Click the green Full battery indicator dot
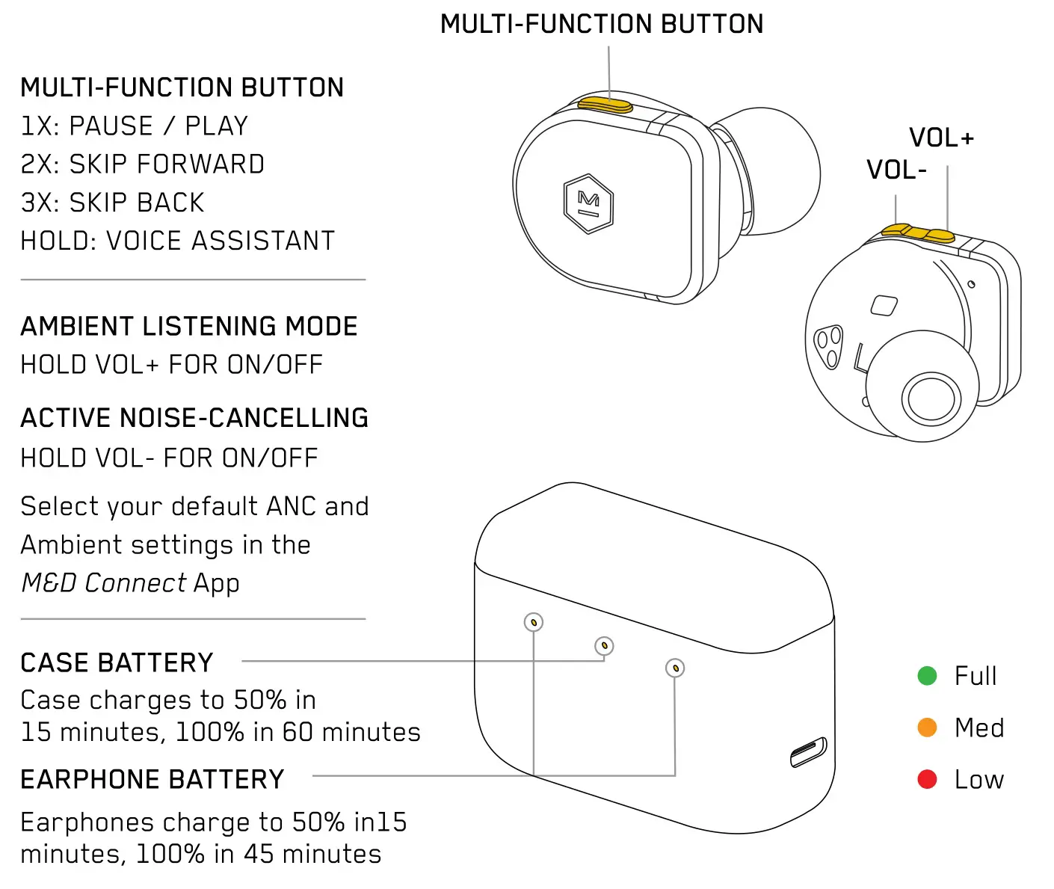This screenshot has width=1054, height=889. point(927,676)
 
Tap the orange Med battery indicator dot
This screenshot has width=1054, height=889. point(927,727)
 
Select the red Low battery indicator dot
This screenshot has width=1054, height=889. point(927,779)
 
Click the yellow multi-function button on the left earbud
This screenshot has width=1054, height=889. point(605,105)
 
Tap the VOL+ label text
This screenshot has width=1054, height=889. point(941,138)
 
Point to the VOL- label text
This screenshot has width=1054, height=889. point(896,170)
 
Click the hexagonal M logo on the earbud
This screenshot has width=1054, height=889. point(588,203)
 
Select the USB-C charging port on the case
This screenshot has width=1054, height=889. point(809,752)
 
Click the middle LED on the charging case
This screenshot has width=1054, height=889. point(604,645)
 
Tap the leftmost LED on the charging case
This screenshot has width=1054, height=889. point(533,622)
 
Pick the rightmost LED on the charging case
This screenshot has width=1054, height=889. point(675,668)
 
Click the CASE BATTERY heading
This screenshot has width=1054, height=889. point(117,662)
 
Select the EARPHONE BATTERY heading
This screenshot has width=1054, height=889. point(152,779)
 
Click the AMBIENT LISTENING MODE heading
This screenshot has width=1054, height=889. point(188,327)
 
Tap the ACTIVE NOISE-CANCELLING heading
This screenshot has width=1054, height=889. point(194,418)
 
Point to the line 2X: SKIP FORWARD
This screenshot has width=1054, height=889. point(142,164)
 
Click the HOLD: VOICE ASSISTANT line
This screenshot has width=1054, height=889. point(177,241)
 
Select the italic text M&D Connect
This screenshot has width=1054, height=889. point(103,583)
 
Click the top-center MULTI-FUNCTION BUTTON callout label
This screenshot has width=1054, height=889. point(602,24)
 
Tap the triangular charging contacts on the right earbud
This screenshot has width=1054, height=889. point(828,346)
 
